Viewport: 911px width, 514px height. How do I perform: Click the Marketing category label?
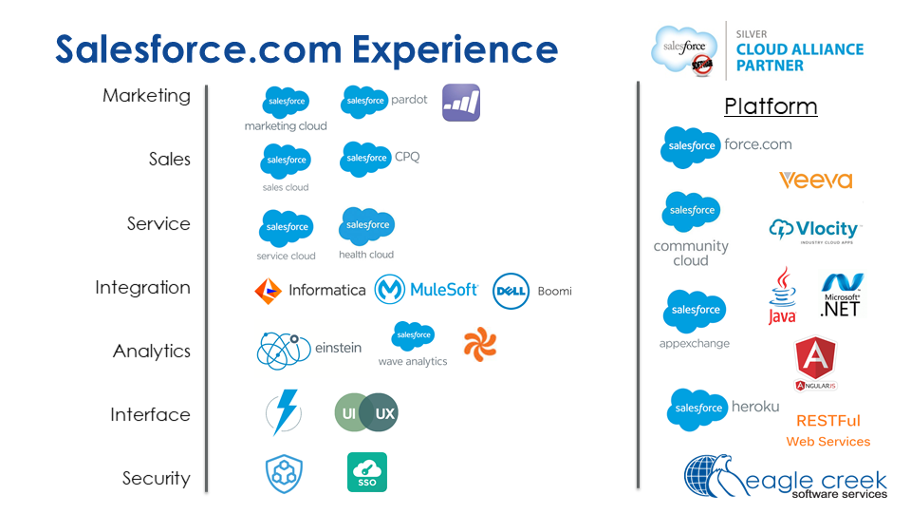(x=146, y=96)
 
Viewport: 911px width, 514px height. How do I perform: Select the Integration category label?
(x=142, y=288)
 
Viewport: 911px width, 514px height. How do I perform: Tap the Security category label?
(x=156, y=479)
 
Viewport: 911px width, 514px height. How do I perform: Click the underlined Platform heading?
(x=771, y=105)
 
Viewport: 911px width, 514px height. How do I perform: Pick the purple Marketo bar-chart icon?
(x=461, y=103)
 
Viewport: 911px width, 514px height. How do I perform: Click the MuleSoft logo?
(x=426, y=290)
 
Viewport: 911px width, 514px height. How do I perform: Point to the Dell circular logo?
(x=511, y=291)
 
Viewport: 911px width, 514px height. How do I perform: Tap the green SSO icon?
(x=366, y=472)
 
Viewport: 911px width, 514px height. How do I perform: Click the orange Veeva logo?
(x=815, y=180)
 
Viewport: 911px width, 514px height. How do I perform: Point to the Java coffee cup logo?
(x=782, y=295)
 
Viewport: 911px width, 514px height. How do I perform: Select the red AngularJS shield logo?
(x=815, y=362)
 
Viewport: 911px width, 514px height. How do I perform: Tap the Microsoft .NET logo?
(x=841, y=295)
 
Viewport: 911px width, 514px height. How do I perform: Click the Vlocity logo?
(x=814, y=231)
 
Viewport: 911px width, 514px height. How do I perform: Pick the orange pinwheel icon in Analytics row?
(x=479, y=346)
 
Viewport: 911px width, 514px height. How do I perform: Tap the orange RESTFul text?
(x=827, y=420)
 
